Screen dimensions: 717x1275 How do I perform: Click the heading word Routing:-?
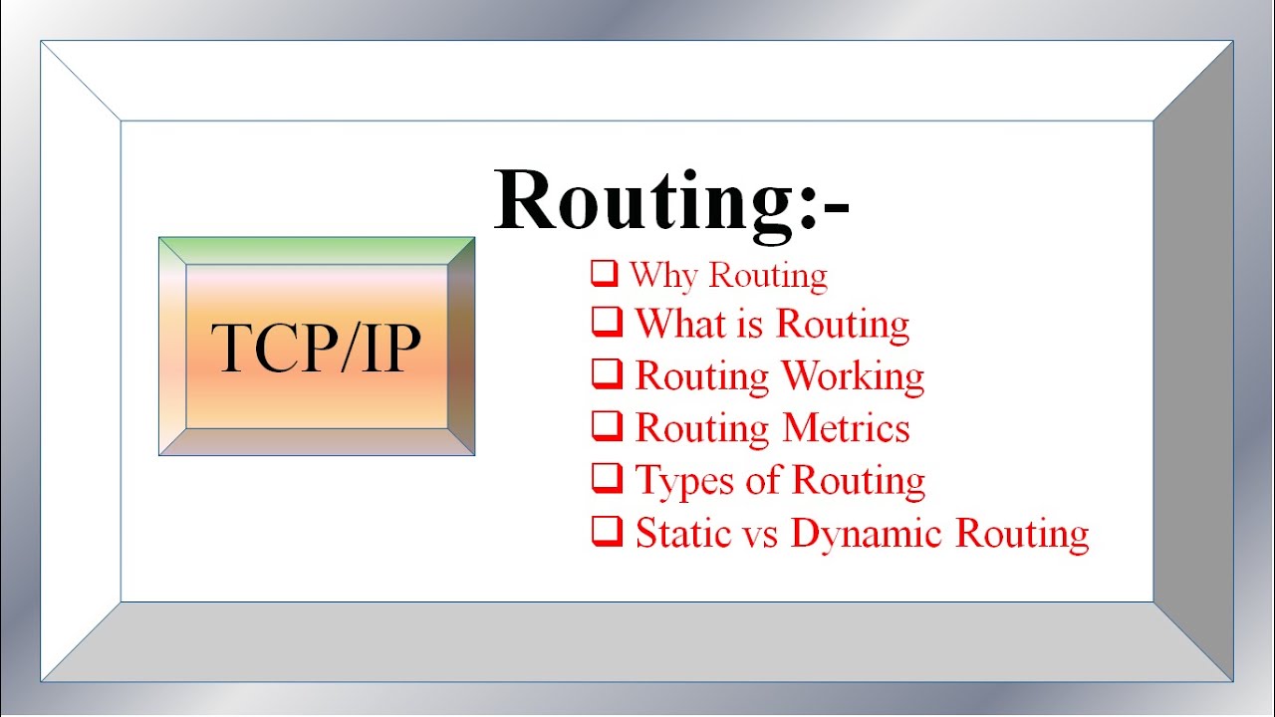671,202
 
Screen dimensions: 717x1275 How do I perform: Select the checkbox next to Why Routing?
604,272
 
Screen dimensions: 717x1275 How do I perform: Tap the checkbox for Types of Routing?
605,478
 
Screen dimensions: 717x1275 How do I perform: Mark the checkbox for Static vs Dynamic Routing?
605,531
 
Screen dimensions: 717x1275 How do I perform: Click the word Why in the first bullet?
662,276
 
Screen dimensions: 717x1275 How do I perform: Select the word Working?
853,376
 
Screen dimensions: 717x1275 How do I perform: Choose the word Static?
679,533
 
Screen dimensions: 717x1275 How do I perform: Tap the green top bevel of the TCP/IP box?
317,250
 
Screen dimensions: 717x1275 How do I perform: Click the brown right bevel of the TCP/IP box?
461,347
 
